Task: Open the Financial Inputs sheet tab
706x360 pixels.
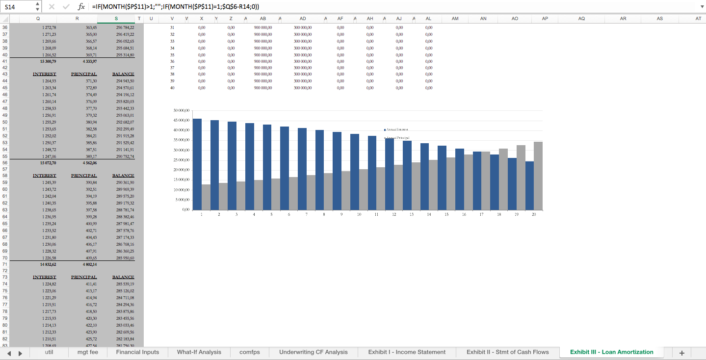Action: tap(137, 352)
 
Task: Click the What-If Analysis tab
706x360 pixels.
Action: tap(199, 352)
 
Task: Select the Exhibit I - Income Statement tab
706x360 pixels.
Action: tap(407, 352)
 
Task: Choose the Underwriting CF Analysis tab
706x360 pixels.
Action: tap(313, 352)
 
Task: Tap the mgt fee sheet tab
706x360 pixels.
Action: tap(87, 352)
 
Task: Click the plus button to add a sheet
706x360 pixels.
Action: tap(681, 353)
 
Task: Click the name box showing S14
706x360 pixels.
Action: tap(18, 6)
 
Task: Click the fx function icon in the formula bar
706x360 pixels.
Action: tap(81, 7)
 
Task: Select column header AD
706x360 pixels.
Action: tap(302, 19)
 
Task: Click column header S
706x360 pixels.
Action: tap(116, 19)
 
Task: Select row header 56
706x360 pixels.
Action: tap(5, 163)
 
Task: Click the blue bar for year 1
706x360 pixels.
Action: tap(197, 164)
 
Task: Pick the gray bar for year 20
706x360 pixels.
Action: tap(538, 176)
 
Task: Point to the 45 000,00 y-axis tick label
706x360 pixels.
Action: tap(181, 120)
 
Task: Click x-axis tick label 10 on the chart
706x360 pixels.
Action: tap(359, 215)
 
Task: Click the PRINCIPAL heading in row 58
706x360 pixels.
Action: tap(84, 176)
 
